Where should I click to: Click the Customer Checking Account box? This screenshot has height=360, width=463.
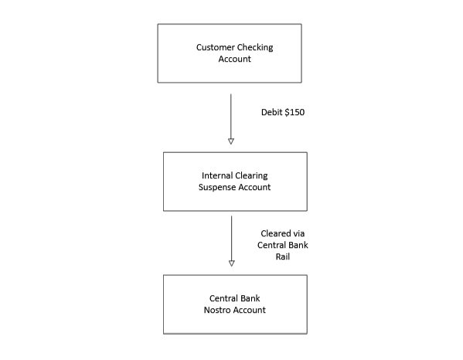tap(230, 53)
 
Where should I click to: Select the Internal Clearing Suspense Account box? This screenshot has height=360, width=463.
tap(235, 182)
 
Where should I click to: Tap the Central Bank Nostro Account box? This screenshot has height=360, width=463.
tap(235, 304)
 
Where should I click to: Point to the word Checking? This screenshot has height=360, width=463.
tap(255, 47)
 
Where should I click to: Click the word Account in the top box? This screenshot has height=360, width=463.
tap(235, 59)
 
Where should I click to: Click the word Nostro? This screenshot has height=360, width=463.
tap(217, 310)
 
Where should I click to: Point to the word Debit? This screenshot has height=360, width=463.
tap(271, 112)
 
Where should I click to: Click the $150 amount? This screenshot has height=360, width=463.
tap(294, 112)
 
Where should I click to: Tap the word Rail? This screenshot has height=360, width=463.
tap(283, 256)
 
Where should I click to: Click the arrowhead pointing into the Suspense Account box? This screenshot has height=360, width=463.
tap(231, 141)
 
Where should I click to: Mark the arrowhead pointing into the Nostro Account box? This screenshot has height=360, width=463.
tap(232, 263)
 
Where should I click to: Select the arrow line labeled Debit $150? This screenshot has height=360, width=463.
tap(231, 119)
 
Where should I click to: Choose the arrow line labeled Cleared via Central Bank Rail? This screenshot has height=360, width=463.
tap(232, 241)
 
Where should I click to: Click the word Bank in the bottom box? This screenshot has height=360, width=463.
tap(250, 298)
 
